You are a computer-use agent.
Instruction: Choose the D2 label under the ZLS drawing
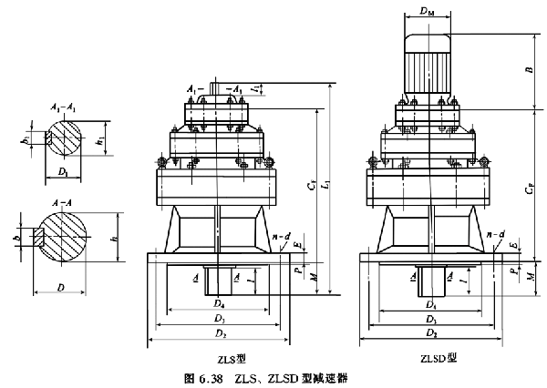218,335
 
